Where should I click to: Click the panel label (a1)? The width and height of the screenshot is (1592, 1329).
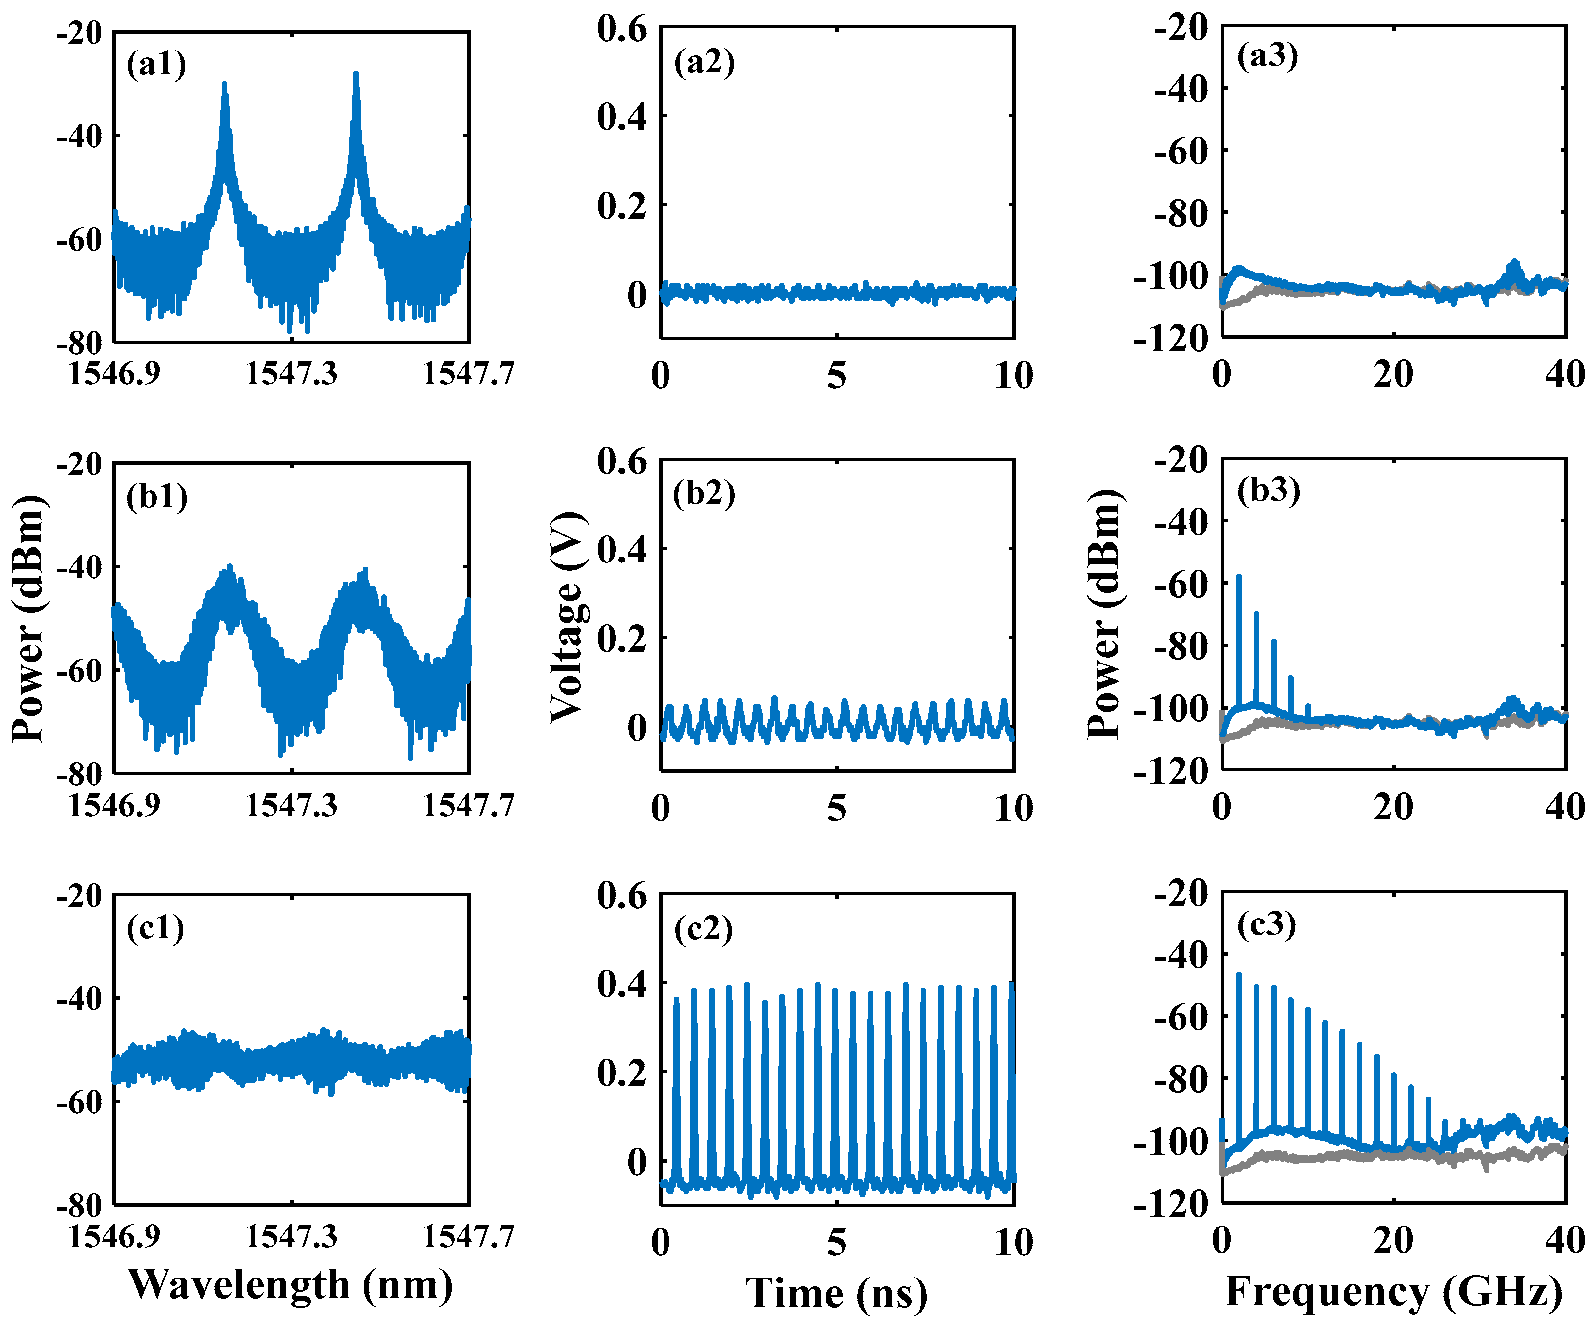156,64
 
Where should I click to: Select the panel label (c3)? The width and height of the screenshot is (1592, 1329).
1267,924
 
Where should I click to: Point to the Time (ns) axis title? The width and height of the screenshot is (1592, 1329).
837,1293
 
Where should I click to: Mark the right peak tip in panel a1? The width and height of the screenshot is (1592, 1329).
356,74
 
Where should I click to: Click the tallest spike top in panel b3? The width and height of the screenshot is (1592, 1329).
1239,576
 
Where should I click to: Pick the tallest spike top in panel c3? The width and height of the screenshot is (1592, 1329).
1239,975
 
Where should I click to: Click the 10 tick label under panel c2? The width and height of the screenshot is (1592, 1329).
1014,1242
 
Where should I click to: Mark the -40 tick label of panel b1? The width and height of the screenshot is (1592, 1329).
80,567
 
